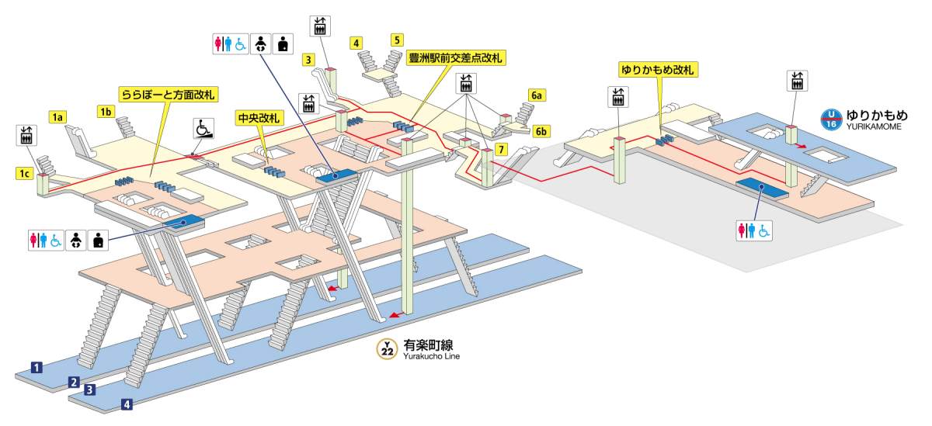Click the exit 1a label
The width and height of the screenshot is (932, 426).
tap(57, 117)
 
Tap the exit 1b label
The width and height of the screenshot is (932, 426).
tap(106, 111)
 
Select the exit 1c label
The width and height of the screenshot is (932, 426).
tap(25, 173)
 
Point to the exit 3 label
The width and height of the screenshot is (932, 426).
tap(308, 59)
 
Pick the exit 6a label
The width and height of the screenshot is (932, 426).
tap(537, 95)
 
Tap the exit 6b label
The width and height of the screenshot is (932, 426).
tap(541, 130)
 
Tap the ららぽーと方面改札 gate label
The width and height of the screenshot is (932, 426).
tap(168, 95)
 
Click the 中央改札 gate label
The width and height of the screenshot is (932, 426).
tap(259, 117)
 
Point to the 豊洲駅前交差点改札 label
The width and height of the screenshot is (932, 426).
tap(457, 58)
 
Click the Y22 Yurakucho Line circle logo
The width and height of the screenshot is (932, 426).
tap(388, 348)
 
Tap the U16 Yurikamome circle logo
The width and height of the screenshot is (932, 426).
tap(832, 120)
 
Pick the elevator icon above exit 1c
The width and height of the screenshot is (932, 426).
tap(26, 134)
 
